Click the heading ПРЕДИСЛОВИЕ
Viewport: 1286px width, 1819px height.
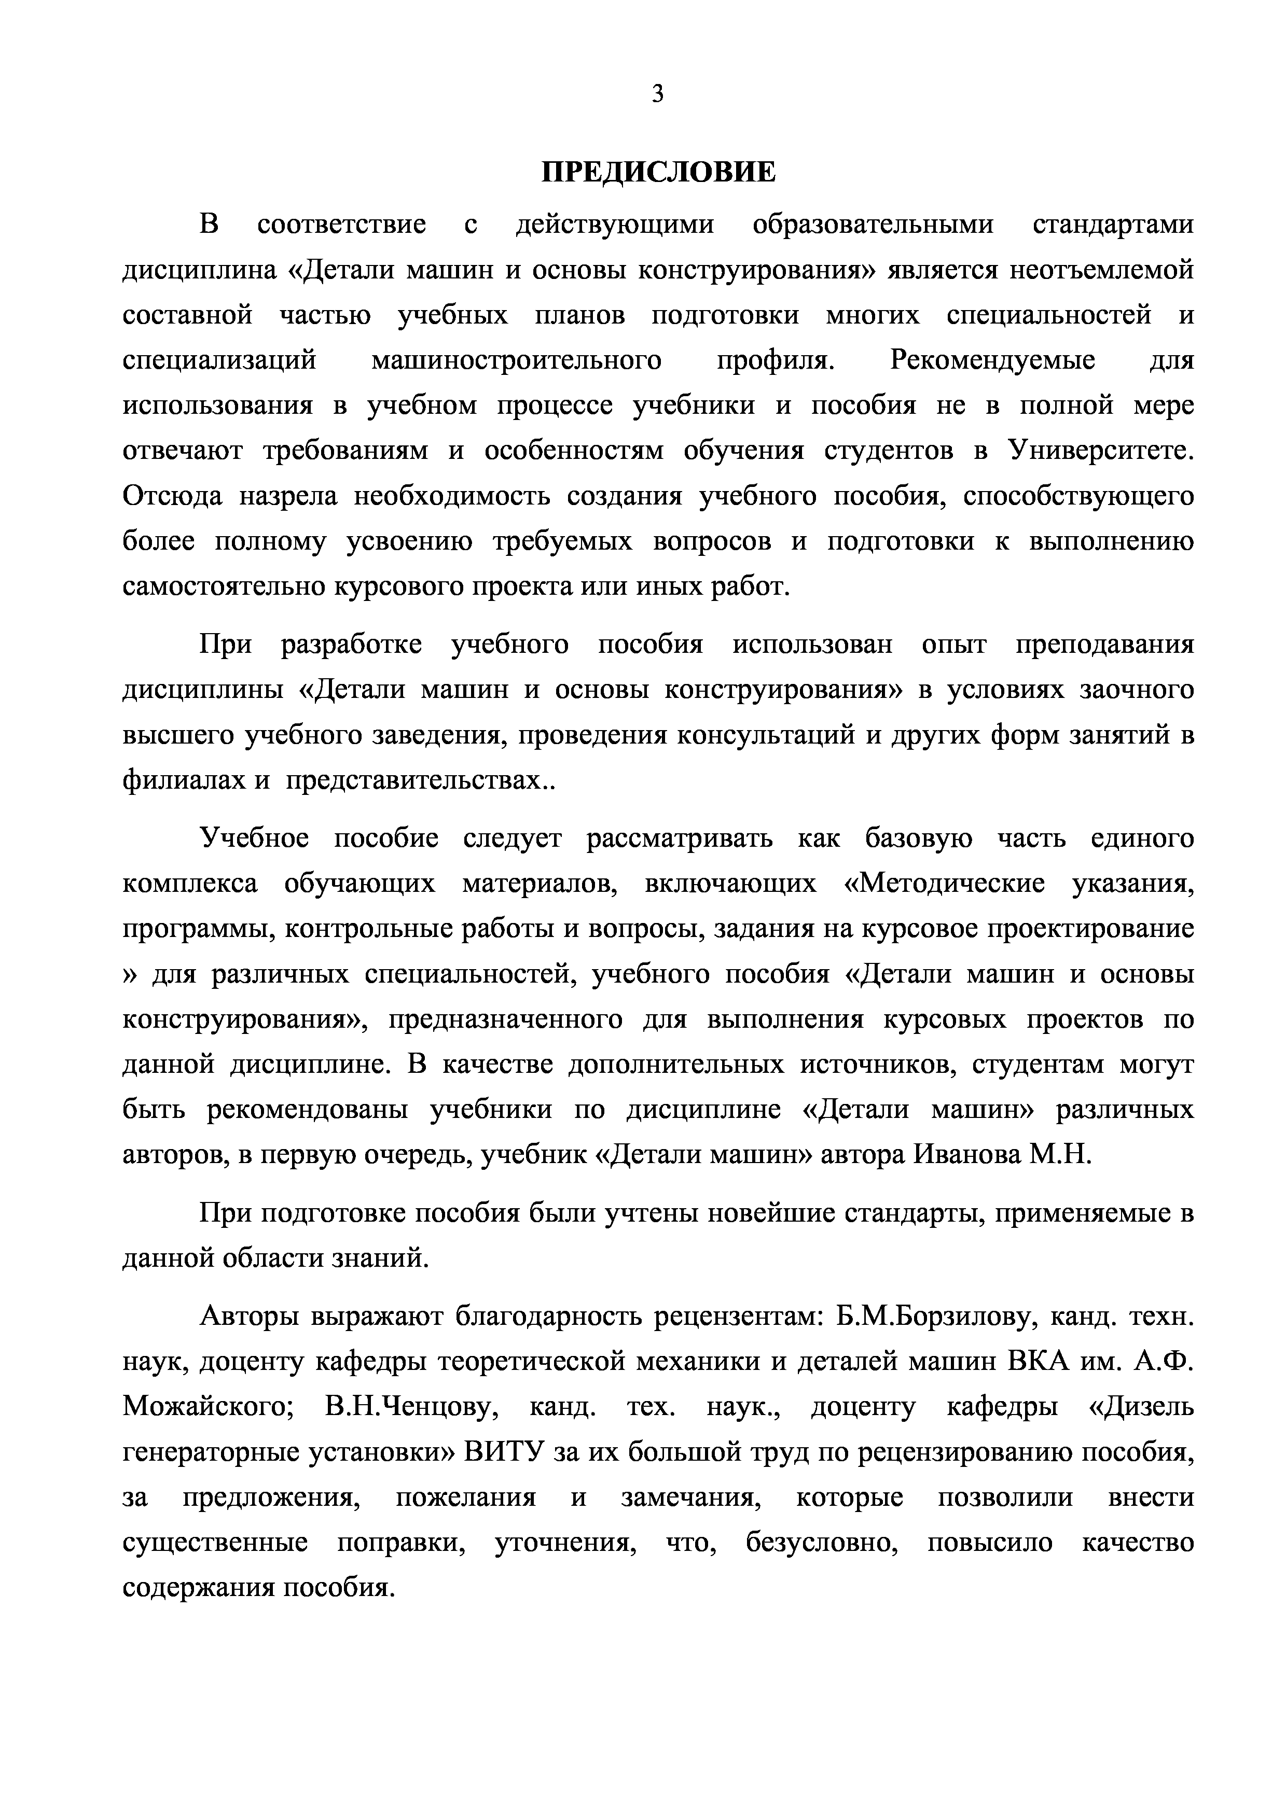(658, 172)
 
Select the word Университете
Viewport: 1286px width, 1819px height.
(1101, 451)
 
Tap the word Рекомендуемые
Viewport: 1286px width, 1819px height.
(993, 360)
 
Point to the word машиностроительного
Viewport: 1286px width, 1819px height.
(516, 360)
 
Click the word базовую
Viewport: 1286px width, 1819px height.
(918, 838)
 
